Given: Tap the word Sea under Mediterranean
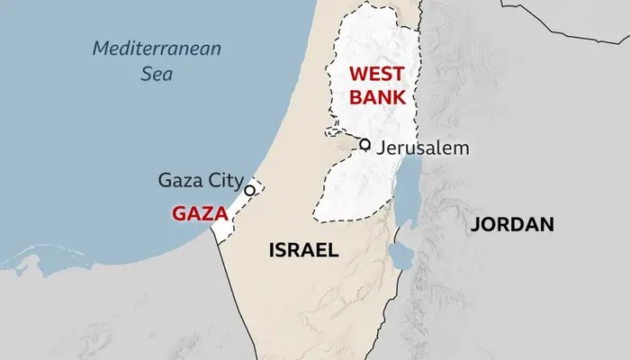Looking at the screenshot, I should (157, 73).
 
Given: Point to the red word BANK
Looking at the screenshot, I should (376, 96).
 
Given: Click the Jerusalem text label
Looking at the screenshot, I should (423, 147).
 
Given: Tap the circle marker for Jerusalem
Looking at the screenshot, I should (364, 144).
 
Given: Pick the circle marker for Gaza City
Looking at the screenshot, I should (250, 189).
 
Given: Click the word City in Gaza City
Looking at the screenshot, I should (222, 180).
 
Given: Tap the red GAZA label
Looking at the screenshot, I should (198, 215).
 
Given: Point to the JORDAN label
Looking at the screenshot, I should (511, 224).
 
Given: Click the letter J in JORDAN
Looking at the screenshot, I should (474, 224).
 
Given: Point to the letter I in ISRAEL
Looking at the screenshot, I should (273, 249).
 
